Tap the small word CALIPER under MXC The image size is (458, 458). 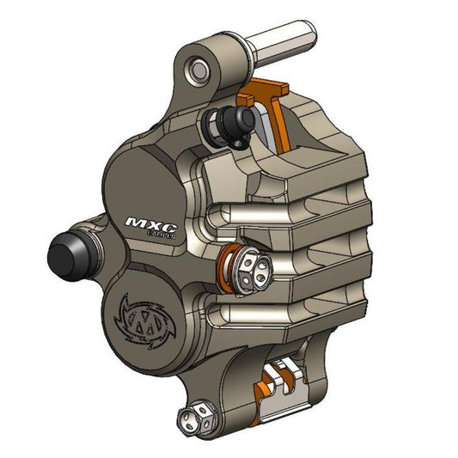pyautogui.click(x=161, y=235)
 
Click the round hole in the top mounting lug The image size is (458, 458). pyautogui.click(x=199, y=67)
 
